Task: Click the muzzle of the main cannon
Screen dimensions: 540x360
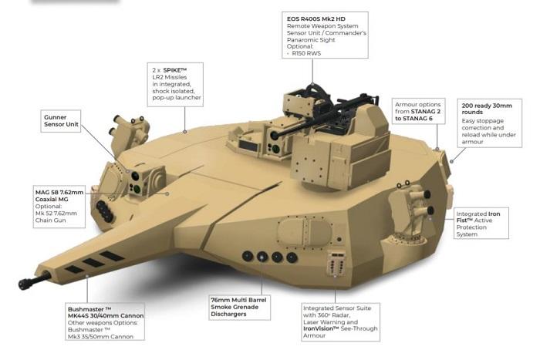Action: point(24,284)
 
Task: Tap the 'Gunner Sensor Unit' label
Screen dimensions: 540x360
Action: point(61,121)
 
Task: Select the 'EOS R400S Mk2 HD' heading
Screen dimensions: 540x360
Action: point(316,19)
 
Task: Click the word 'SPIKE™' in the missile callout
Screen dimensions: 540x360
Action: point(174,70)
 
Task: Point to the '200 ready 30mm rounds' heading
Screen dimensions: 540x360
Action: point(487,109)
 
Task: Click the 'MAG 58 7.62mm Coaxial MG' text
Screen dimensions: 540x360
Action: point(59,196)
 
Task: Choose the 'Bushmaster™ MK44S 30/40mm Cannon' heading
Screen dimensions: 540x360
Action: point(106,312)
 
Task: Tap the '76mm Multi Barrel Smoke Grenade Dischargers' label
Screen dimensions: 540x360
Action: point(238,307)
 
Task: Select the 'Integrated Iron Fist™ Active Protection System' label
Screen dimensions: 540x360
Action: point(478,224)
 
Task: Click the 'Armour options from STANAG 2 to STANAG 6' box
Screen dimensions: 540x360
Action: point(418,111)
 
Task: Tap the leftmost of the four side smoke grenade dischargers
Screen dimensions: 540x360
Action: point(248,256)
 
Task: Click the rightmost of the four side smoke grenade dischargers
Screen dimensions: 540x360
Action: point(292,257)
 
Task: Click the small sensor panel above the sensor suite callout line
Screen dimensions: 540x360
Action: point(336,264)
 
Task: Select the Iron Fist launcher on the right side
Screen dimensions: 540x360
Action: point(411,204)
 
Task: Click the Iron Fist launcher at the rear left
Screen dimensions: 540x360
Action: point(130,133)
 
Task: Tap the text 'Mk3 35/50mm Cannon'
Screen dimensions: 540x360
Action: point(100,337)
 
